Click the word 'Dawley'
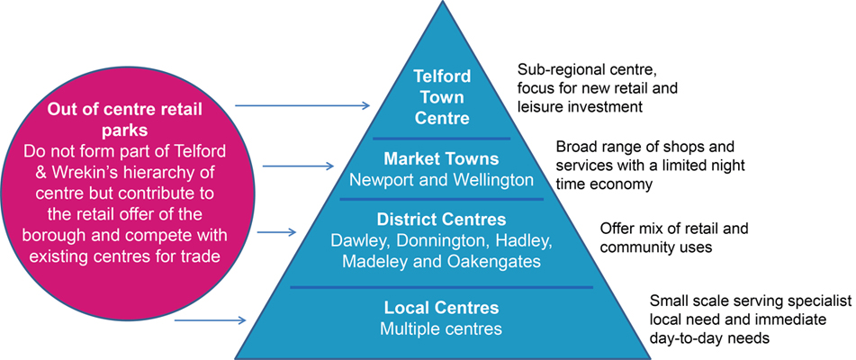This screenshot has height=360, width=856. (358, 240)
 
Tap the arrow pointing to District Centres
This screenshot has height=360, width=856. (276, 231)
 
